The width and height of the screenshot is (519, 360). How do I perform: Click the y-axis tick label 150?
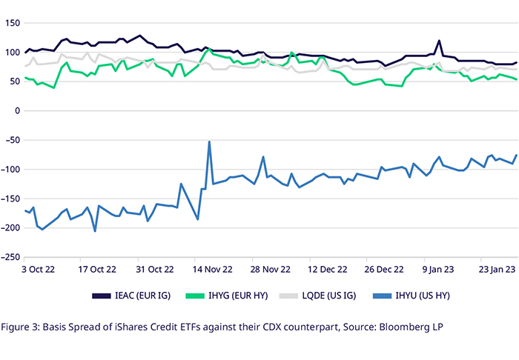(x=11, y=23)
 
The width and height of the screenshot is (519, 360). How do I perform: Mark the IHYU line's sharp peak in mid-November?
(x=210, y=141)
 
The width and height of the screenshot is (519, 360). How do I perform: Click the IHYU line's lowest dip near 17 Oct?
(x=95, y=231)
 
